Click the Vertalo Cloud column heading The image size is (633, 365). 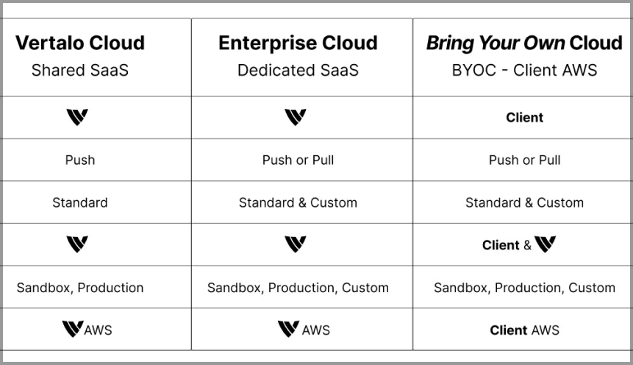80,43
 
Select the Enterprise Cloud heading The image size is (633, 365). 298,43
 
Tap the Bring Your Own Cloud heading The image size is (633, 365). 524,43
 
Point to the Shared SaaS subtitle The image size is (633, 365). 80,71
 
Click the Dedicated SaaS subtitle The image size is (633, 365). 298,71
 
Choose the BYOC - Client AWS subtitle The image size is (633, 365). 524,71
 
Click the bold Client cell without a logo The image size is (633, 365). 524,118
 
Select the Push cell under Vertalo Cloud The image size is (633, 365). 80,160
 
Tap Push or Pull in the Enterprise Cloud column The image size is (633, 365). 298,160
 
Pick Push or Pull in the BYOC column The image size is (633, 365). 524,160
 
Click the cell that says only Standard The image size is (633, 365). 80,202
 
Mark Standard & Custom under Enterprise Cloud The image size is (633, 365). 298,202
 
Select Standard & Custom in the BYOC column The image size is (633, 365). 524,202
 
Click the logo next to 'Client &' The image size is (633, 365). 546,244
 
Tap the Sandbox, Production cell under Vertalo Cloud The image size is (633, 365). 80,288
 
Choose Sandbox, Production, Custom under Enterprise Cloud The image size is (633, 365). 298,288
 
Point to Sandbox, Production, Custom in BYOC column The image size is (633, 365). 524,288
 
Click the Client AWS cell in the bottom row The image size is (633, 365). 524,330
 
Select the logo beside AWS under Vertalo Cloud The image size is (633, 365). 73,329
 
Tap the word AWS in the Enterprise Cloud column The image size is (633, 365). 315,330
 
